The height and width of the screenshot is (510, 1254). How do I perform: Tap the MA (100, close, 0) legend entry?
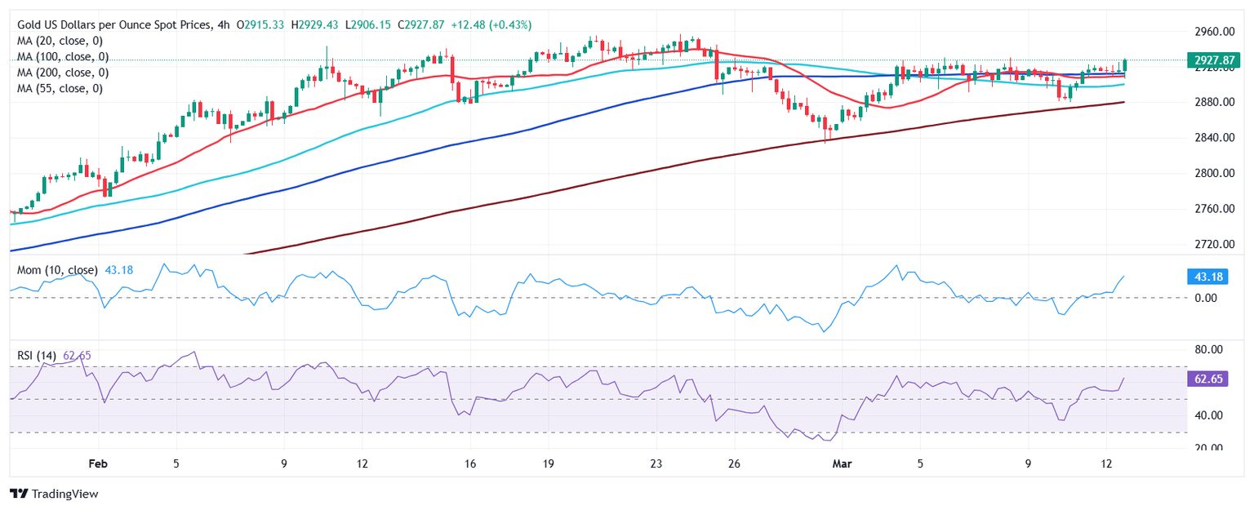pos(64,57)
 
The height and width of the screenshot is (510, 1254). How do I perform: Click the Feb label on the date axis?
pos(98,464)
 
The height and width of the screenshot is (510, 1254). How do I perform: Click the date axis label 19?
pos(548,464)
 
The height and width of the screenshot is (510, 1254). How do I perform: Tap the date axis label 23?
pos(656,464)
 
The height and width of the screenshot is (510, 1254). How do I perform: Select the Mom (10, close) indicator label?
pos(57,270)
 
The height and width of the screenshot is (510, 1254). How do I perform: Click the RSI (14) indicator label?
pos(37,355)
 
